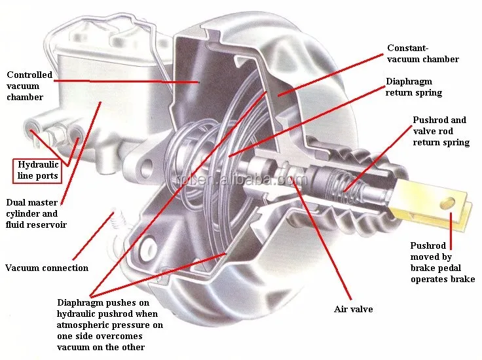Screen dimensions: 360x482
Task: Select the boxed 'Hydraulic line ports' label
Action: coord(38,170)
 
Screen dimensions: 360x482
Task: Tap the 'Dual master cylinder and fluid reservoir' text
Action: coord(36,213)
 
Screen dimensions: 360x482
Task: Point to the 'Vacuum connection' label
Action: coord(46,268)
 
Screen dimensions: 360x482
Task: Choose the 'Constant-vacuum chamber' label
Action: coord(422,54)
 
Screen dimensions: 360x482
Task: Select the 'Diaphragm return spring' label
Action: coord(414,87)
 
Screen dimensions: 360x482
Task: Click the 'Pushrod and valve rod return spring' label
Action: coord(441,131)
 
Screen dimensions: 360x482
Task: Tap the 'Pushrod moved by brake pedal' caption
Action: coord(443,262)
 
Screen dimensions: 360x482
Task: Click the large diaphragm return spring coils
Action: coord(196,157)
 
